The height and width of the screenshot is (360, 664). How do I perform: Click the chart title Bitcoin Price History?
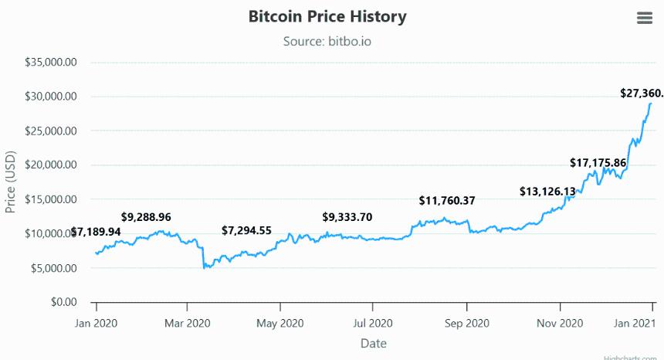(327, 16)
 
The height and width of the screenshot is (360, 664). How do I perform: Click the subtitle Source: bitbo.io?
(327, 41)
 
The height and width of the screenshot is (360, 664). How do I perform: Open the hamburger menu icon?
(645, 18)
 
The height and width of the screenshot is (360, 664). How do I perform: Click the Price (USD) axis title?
(11, 182)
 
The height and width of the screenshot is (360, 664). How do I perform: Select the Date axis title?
(373, 343)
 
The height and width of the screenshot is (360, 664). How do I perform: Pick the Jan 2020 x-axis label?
(96, 323)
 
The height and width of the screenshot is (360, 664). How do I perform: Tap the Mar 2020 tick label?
(188, 323)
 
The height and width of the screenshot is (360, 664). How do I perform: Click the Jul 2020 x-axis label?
(373, 323)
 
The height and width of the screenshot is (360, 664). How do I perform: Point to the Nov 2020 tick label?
(558, 323)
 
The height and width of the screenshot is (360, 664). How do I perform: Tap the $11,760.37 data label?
(447, 201)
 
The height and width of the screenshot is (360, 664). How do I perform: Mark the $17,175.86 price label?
(598, 163)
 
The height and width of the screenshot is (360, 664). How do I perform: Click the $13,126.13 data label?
(547, 191)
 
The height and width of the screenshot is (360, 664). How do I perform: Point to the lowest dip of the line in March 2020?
(204, 268)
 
